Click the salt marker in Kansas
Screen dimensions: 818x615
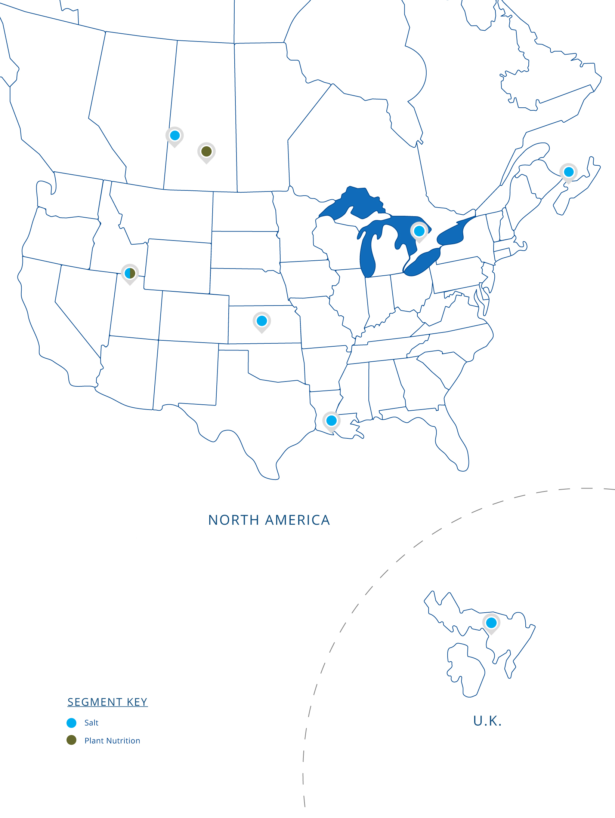point(262,321)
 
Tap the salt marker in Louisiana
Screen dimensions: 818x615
point(331,421)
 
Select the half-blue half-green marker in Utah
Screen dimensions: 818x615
point(130,273)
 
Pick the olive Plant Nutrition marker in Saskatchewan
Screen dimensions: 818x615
point(206,151)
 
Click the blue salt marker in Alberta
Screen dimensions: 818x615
point(174,135)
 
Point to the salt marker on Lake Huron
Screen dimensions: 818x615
point(419,231)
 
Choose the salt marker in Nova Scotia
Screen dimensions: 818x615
point(568,172)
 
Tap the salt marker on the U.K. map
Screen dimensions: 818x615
point(491,623)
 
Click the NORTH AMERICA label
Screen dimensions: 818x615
point(269,520)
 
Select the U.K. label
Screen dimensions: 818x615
point(487,721)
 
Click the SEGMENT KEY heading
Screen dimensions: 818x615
point(108,702)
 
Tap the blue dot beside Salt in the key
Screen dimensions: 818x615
point(71,723)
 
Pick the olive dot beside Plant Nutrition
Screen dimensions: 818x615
point(71,740)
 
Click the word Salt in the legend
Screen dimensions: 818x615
point(92,723)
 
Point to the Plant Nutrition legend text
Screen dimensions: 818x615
point(112,741)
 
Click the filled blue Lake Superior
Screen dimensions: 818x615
point(359,202)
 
